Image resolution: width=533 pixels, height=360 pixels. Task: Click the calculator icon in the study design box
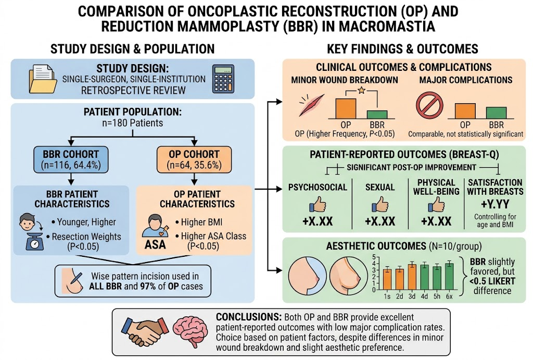[223, 79]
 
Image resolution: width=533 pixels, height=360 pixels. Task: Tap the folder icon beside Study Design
[43, 79]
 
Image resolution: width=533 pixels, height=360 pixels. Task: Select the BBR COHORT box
[71, 159]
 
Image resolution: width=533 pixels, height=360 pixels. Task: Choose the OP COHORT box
[194, 159]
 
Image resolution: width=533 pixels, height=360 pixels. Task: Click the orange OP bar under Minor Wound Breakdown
[346, 108]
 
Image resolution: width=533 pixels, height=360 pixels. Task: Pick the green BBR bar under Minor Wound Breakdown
[377, 115]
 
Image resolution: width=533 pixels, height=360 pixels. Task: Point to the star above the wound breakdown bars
[361, 90]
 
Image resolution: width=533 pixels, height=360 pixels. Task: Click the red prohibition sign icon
[429, 105]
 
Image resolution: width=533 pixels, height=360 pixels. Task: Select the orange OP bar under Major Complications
[465, 111]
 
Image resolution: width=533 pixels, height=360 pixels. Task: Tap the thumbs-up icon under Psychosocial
[318, 205]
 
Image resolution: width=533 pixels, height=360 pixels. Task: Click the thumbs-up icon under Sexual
[379, 205]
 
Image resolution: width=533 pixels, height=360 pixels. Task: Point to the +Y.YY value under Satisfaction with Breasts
[495, 204]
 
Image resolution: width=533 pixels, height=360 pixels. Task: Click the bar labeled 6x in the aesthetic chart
[449, 276]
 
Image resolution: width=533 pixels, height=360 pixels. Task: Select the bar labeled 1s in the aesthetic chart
[387, 279]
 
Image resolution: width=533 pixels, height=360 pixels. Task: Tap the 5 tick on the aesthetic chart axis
[374, 257]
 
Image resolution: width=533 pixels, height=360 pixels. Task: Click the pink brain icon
[190, 331]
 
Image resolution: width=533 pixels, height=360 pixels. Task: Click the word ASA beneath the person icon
[155, 244]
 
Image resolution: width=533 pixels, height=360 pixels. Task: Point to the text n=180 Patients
[133, 123]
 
